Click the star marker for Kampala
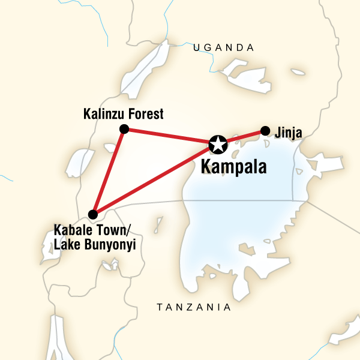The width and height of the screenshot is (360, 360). pyautogui.click(x=218, y=144)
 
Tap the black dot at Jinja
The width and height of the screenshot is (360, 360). pyautogui.click(x=265, y=130)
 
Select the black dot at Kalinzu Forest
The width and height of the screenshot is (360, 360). pyautogui.click(x=124, y=129)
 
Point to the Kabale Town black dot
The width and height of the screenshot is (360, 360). pyautogui.click(x=92, y=214)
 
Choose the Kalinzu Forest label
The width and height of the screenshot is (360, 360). pyautogui.click(x=125, y=113)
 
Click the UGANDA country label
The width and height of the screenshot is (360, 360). pyautogui.click(x=223, y=47)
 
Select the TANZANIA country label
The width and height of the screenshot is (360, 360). pyautogui.click(x=193, y=307)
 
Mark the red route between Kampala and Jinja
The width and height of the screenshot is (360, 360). pyautogui.click(x=243, y=136)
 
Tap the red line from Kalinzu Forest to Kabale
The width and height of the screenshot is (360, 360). pyautogui.click(x=109, y=170)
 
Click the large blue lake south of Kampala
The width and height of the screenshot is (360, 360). pyautogui.click(x=240, y=228)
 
